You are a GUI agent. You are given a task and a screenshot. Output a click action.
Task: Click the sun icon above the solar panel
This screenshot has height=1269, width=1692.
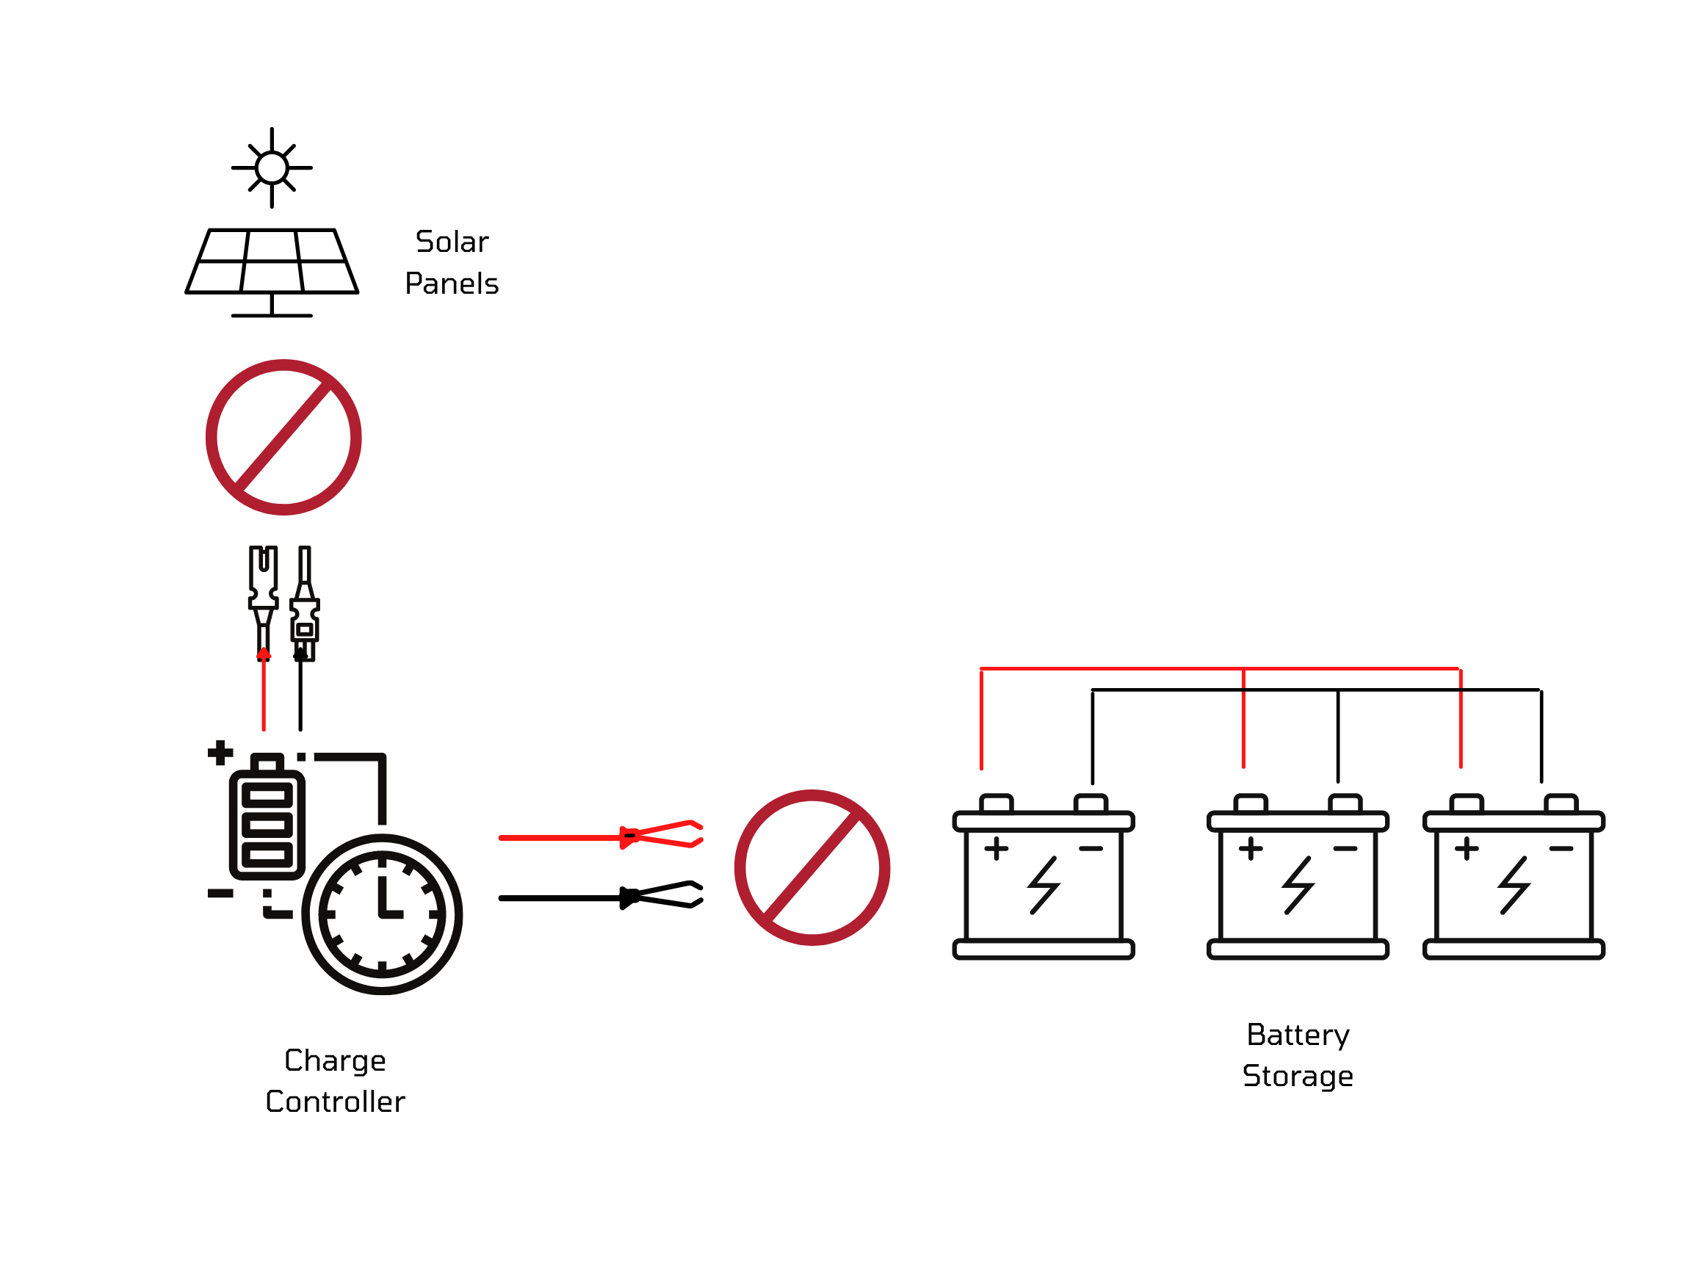[272, 167]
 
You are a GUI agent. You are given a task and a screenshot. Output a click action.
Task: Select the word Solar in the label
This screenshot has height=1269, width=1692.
[452, 242]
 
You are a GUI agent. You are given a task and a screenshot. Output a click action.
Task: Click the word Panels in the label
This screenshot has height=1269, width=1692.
[452, 283]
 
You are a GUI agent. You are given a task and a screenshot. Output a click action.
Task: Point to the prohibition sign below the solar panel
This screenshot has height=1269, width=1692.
[283, 437]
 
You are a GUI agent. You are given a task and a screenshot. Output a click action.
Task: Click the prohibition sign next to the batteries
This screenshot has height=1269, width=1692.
[811, 867]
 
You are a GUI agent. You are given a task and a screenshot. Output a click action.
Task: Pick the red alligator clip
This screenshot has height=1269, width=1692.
[662, 834]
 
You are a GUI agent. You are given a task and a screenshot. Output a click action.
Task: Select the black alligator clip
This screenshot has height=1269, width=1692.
[662, 895]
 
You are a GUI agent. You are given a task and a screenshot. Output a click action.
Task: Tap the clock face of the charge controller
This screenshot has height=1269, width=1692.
[382, 914]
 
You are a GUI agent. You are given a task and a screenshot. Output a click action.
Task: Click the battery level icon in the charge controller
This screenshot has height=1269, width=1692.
[267, 824]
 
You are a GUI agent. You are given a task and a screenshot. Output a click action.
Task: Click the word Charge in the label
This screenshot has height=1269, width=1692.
[335, 1060]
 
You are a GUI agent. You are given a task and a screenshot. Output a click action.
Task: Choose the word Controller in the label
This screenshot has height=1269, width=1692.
[335, 1102]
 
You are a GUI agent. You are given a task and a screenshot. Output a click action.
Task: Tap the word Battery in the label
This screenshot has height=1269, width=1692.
[1298, 1035]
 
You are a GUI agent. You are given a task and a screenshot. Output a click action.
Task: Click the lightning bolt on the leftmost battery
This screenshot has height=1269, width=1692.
[1044, 885]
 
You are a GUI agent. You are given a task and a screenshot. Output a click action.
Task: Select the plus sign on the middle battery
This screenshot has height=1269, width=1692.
[1251, 848]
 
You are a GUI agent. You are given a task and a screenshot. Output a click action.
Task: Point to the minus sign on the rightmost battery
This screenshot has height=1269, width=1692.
[1561, 848]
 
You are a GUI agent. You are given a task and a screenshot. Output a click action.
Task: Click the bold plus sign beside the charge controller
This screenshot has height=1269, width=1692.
[220, 753]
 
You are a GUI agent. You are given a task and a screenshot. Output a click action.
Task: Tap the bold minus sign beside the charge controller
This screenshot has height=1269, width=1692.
[220, 894]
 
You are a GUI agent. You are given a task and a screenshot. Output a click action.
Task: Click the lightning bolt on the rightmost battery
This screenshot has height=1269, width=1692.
[1514, 885]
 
